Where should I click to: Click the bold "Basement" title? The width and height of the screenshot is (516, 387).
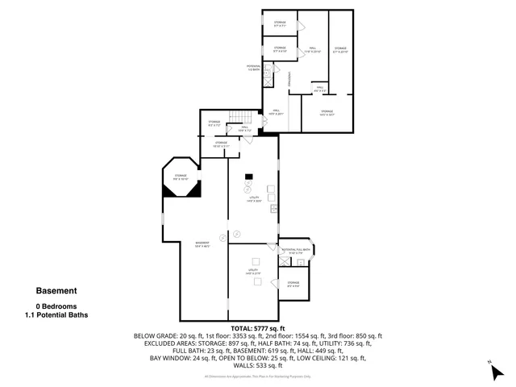(x=56, y=291)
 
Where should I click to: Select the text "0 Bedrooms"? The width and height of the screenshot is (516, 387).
(x=56, y=306)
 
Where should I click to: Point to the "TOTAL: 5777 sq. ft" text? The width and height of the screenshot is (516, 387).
(x=258, y=329)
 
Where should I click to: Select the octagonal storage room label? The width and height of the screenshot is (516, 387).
(x=181, y=177)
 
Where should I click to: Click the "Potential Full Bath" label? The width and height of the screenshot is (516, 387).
(x=295, y=252)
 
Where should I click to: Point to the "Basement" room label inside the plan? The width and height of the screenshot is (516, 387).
(x=203, y=244)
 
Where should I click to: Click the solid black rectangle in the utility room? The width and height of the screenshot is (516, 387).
(x=250, y=177)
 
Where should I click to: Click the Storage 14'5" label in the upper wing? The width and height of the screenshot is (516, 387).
(x=326, y=113)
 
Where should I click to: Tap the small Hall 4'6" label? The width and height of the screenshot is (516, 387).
(x=319, y=88)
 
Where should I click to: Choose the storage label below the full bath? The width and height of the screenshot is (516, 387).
(x=293, y=284)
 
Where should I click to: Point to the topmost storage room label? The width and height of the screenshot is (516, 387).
(x=280, y=24)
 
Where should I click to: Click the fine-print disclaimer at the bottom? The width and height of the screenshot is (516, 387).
(x=258, y=376)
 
